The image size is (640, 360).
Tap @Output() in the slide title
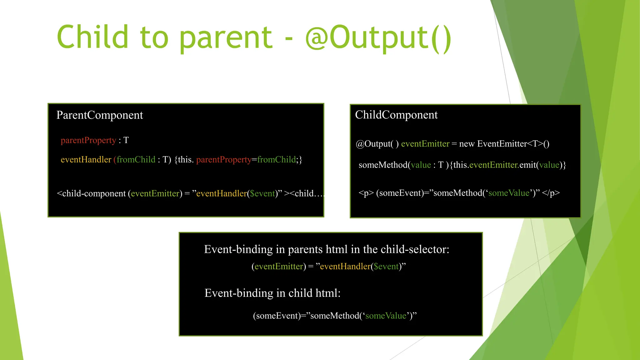[x=378, y=37]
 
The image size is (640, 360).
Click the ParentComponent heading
[x=99, y=115]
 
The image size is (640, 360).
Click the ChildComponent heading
[x=396, y=115]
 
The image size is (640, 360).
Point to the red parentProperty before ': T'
[x=88, y=140]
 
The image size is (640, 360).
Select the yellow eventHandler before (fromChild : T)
[x=86, y=160]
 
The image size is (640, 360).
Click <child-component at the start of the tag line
[x=91, y=193]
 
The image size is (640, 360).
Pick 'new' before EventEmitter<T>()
[x=467, y=144]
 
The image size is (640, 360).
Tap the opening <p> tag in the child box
[x=366, y=193]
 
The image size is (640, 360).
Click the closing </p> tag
[x=551, y=193]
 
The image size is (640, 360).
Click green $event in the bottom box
[x=386, y=267]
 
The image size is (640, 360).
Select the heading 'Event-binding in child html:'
[x=272, y=293]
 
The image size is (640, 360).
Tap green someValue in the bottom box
[x=386, y=316]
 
